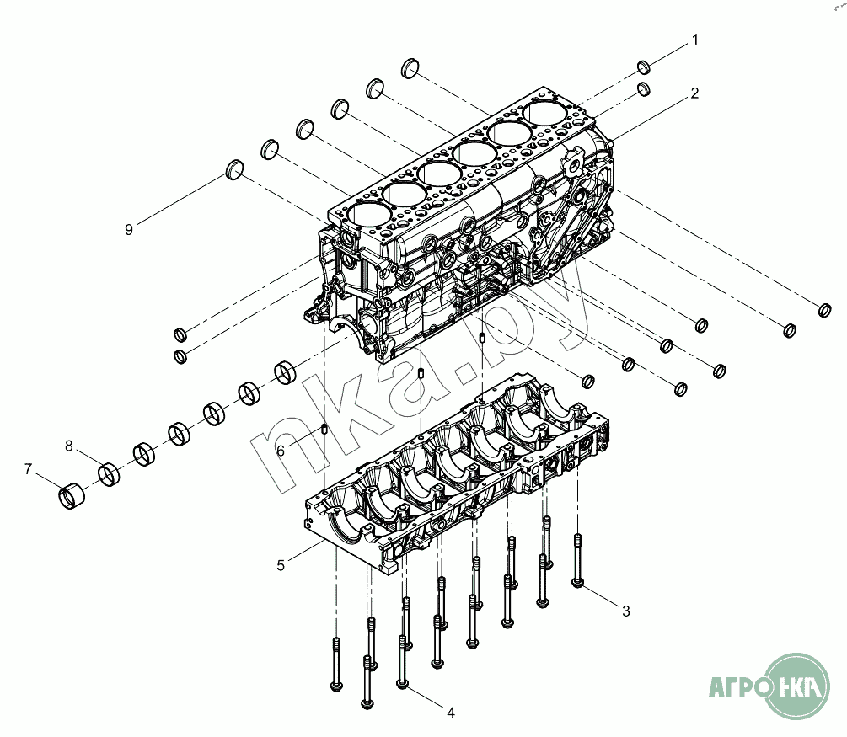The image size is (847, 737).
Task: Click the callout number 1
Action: click(695, 40)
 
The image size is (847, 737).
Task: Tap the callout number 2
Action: click(694, 93)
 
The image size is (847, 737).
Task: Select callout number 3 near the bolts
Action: click(625, 611)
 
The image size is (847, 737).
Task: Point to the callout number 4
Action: click(451, 713)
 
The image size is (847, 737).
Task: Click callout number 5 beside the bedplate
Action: click(281, 565)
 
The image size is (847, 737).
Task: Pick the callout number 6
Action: click(281, 451)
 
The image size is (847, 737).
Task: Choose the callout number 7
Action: click(28, 468)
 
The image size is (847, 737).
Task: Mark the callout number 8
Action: click(69, 445)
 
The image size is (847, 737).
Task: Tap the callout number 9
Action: click(129, 229)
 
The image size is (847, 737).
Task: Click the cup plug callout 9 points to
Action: click(234, 170)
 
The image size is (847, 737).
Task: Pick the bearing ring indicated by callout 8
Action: click(109, 473)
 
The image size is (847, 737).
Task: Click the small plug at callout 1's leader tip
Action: click(642, 67)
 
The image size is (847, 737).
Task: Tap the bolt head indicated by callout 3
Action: click(577, 582)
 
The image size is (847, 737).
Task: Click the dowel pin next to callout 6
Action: click(324, 429)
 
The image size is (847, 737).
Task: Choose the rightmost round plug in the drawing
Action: click(826, 311)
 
